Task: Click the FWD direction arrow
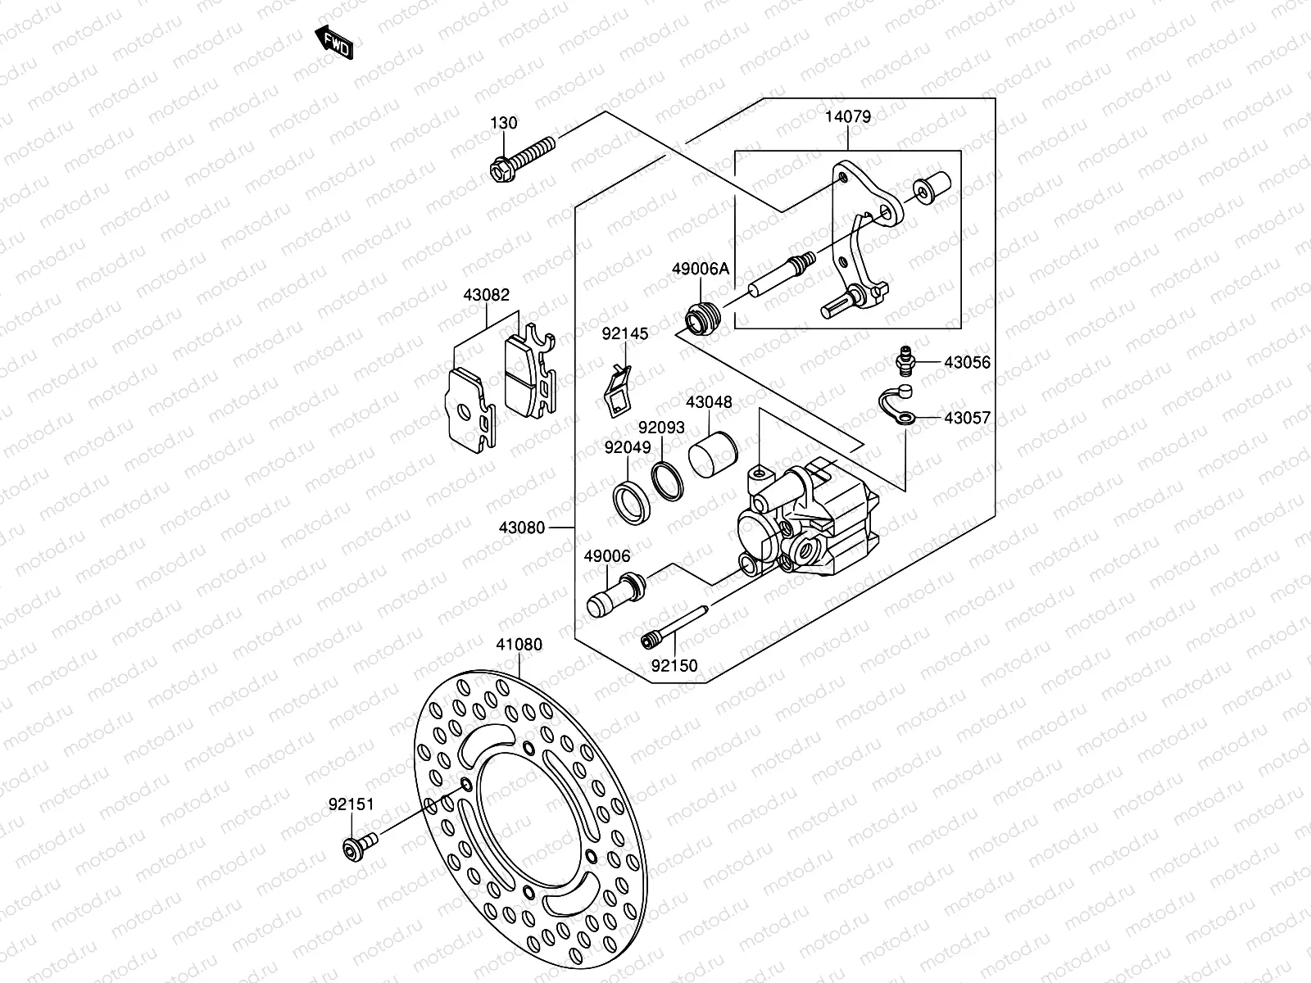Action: (x=334, y=43)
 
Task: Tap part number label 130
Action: (x=504, y=123)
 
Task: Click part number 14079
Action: (x=847, y=116)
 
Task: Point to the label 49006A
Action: (x=701, y=269)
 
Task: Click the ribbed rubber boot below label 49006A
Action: (x=701, y=318)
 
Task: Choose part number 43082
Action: (x=486, y=295)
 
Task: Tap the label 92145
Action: (x=625, y=333)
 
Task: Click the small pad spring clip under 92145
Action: (x=619, y=389)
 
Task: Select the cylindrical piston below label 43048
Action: (x=714, y=453)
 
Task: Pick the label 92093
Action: (x=661, y=427)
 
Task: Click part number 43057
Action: (x=967, y=418)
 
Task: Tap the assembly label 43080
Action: (x=521, y=528)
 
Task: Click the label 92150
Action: (x=674, y=665)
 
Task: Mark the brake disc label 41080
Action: (x=519, y=645)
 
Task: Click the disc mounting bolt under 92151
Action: (x=358, y=846)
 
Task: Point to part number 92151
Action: (x=351, y=804)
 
